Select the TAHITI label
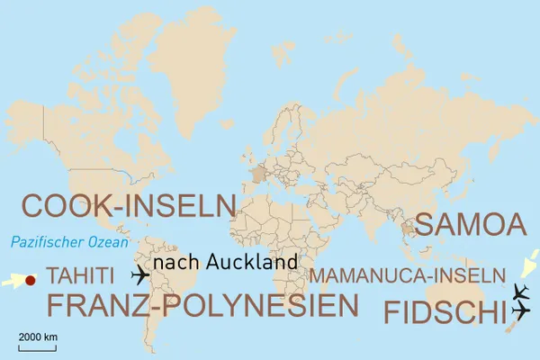click(x=80, y=274)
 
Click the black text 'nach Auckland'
click(x=225, y=262)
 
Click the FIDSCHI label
click(x=444, y=312)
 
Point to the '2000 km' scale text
click(x=38, y=337)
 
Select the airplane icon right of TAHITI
click(x=142, y=274)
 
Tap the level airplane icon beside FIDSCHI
click(x=520, y=310)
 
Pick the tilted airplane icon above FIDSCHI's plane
click(x=519, y=291)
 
